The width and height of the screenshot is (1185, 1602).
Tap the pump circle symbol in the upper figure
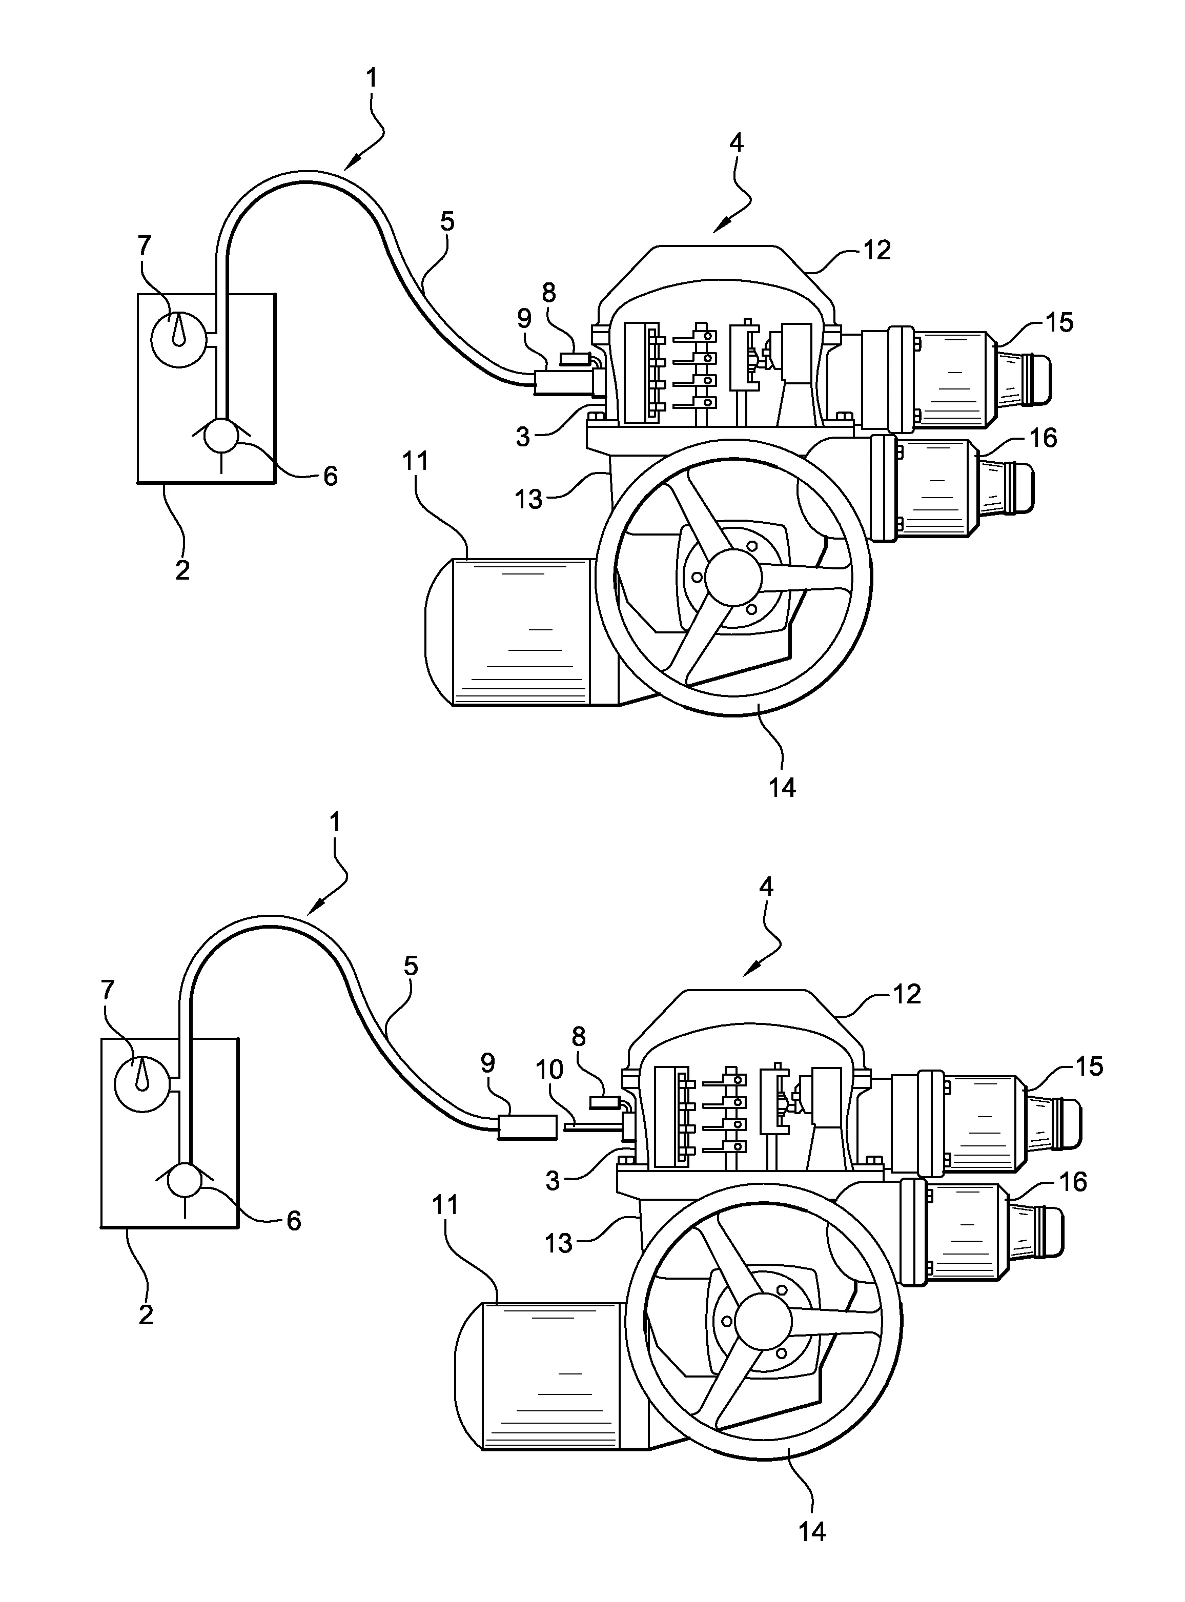[x=221, y=437]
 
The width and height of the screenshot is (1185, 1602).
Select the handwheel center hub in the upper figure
[x=732, y=577]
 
